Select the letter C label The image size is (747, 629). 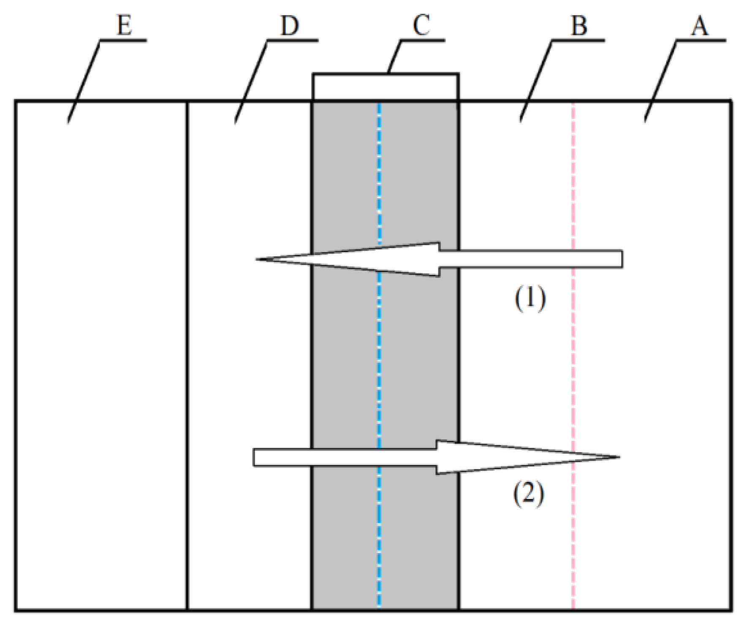(x=421, y=25)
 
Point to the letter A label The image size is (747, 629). (x=700, y=26)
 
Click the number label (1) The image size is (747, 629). (x=530, y=299)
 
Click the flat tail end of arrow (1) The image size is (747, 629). (x=621, y=259)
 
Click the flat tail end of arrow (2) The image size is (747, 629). (x=254, y=458)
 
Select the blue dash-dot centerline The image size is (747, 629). (x=380, y=359)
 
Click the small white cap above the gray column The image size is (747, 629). (x=385, y=87)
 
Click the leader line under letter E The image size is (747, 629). (x=84, y=80)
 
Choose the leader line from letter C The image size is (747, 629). (x=395, y=57)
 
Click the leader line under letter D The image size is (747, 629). (x=251, y=80)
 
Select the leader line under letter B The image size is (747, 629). (x=536, y=80)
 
